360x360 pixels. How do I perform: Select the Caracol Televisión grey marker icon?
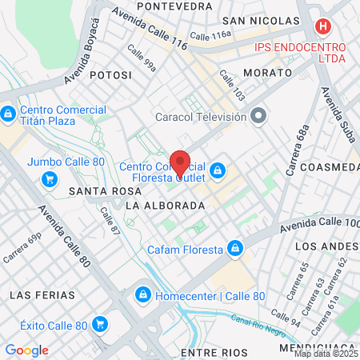pos(258,117)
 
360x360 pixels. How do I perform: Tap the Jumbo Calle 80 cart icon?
pos(50,178)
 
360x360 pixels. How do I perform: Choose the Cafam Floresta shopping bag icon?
pos(234,249)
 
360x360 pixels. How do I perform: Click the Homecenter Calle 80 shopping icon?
pos(142,295)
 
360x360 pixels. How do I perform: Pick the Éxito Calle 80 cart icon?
pos(99,324)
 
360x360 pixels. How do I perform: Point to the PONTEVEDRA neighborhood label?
pos(174,6)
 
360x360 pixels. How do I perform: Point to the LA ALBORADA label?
pos(166,206)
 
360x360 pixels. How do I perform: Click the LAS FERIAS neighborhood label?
pos(42,295)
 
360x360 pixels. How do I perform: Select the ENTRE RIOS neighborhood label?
pos(211,352)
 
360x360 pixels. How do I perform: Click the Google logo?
pos(26,350)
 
